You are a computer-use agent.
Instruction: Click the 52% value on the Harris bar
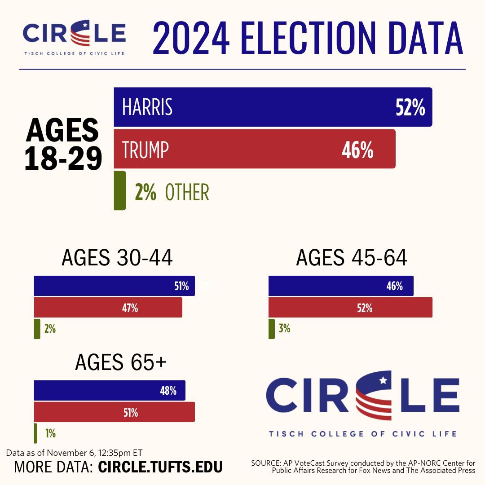point(410,108)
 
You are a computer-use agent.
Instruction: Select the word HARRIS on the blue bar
point(147,108)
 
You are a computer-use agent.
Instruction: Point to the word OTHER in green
point(187,193)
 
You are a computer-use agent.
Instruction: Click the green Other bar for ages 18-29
point(119,190)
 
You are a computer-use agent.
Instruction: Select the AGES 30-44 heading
point(117,258)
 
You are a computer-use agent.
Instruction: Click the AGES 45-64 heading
point(352,258)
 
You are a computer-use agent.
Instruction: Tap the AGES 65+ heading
point(121,362)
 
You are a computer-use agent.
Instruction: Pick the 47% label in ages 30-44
point(131,308)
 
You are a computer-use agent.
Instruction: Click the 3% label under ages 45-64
point(284,329)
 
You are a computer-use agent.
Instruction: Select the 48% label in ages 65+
point(168,391)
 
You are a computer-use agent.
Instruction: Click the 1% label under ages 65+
point(50,433)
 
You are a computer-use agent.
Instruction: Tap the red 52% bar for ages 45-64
point(350,308)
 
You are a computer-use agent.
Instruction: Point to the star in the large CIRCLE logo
point(383,381)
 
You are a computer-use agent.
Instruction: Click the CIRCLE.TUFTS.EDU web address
point(160,467)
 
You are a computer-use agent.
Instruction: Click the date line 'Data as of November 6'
point(74,453)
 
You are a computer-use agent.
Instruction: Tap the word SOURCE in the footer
point(265,463)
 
